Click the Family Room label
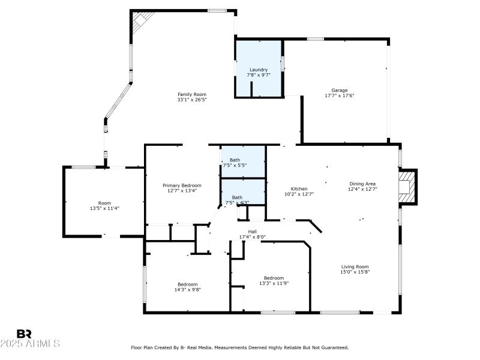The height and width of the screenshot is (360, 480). tap(191, 94)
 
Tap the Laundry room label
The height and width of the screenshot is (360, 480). tap(259, 70)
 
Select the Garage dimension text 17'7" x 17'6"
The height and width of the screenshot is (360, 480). tap(340, 95)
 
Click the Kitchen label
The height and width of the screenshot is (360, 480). tap(299, 188)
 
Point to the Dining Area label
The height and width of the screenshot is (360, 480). tap(362, 184)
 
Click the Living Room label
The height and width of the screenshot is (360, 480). tap(355, 266)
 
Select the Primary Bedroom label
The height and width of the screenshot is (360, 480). tap(182, 185)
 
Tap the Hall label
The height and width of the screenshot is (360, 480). tap(253, 231)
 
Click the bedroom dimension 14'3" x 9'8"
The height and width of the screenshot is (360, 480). tap(187, 289)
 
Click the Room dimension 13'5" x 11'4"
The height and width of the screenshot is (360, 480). tap(104, 208)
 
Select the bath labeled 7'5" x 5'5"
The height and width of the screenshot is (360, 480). tap(235, 165)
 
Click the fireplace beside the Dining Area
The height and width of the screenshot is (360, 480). tap(407, 187)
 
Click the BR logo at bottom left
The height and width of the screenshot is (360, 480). tap(24, 334)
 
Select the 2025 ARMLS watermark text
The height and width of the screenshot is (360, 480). tap(30, 344)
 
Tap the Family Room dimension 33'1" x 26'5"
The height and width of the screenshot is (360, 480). tap(191, 100)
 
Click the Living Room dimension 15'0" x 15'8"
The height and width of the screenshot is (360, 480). tap(355, 272)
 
